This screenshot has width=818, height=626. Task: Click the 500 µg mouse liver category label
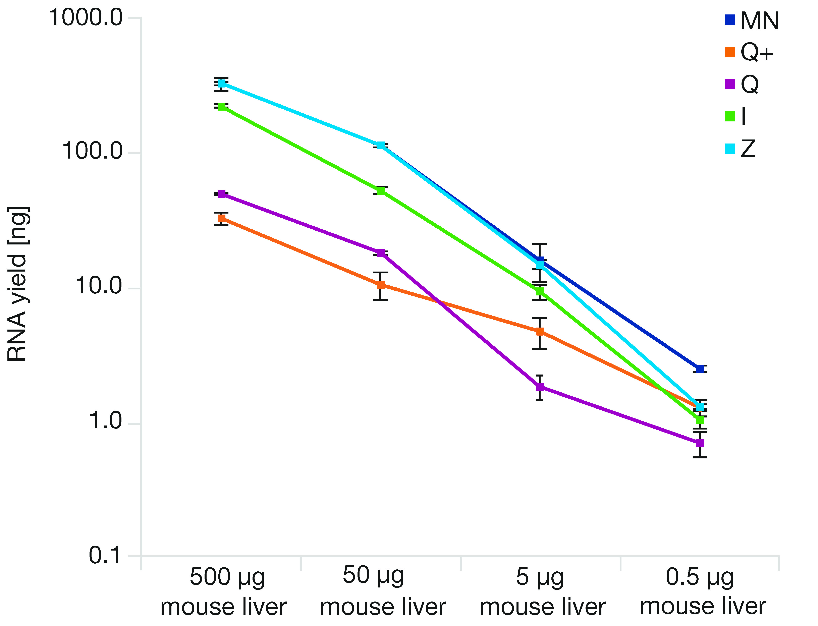tap(224, 592)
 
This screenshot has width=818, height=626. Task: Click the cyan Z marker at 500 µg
tap(222, 83)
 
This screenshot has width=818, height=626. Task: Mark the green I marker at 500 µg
tap(222, 107)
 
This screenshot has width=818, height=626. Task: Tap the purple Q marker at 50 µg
tap(380, 253)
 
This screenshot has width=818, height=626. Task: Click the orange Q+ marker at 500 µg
tap(222, 218)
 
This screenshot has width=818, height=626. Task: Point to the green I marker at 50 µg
tap(380, 191)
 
